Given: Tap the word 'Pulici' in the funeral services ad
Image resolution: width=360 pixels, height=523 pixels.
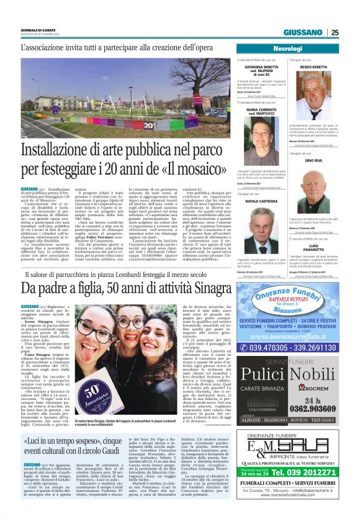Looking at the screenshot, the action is [263, 376].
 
